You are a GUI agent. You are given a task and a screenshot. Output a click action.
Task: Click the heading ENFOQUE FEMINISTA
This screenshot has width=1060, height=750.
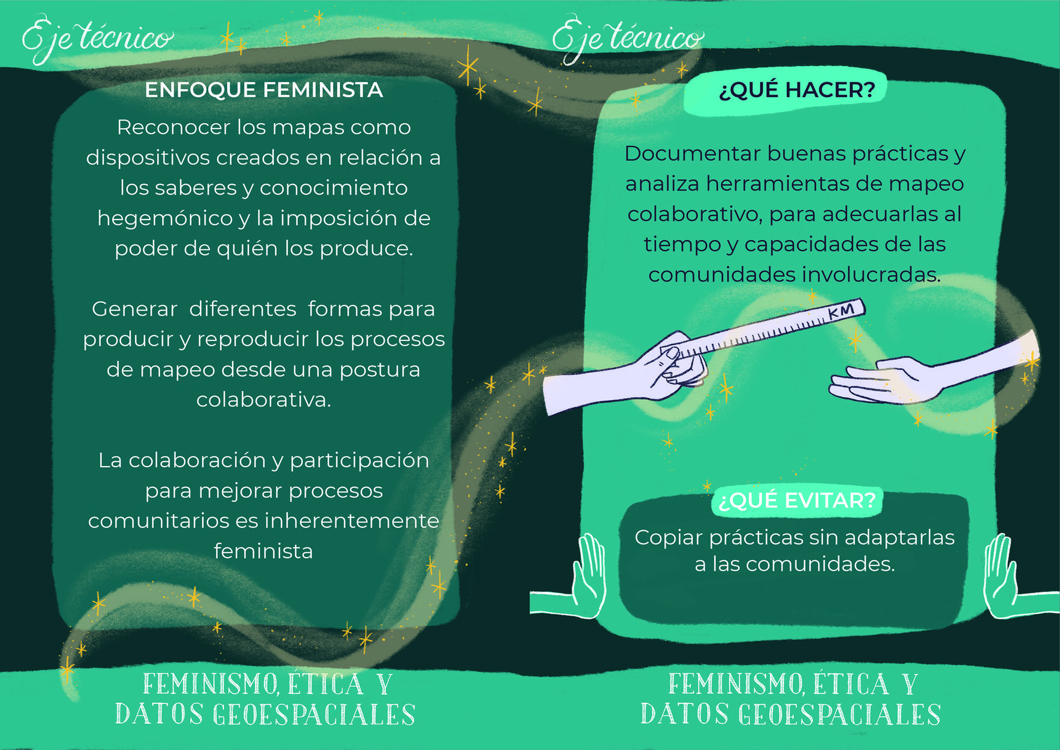coord(264,90)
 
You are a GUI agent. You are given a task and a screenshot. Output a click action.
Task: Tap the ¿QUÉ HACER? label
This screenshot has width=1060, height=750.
coord(797,90)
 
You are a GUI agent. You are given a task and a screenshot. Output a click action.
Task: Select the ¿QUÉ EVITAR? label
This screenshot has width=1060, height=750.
coord(797,501)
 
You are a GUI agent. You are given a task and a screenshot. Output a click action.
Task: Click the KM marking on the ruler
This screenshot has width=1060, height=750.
coord(841,312)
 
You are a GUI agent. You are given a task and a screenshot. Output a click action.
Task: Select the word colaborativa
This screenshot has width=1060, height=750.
coord(263,400)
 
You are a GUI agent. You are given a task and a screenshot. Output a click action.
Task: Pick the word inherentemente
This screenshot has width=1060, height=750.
coord(352,521)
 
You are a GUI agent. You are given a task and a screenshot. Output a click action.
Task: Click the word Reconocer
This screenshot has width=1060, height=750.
coord(173,128)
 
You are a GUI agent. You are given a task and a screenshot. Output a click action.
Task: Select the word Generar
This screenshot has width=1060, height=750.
coord(134,309)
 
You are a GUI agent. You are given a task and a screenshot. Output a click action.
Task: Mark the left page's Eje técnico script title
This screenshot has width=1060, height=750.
coord(97,39)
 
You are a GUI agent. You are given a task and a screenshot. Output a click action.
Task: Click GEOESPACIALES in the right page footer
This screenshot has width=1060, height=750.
coord(839,715)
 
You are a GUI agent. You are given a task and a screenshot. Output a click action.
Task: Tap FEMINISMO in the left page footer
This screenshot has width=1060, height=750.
coord(211,684)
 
